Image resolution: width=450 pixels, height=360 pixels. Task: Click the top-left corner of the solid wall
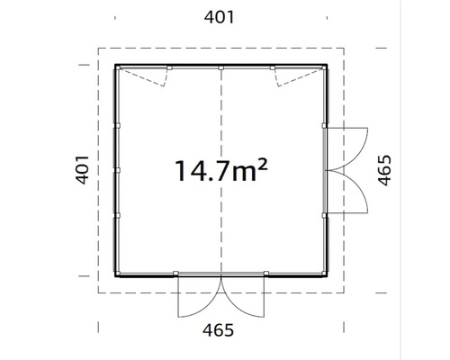pos(116,65)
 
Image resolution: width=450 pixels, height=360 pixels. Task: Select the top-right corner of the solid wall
pos(327,65)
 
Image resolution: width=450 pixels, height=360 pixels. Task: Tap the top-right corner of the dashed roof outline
pos(345,47)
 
